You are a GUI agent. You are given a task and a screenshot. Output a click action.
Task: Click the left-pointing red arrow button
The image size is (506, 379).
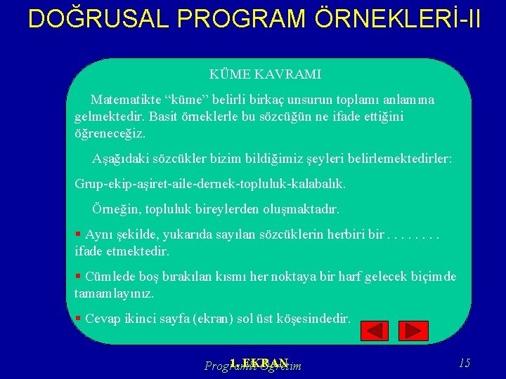coord(374,331)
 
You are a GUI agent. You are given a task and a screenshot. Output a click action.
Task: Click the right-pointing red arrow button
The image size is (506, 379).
coord(413,331)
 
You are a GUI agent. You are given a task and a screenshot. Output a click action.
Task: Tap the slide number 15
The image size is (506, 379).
coord(464,363)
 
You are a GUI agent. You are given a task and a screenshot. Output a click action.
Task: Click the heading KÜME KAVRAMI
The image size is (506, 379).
coord(265,74)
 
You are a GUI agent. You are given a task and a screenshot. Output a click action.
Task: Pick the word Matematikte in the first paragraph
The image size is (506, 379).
coord(128,100)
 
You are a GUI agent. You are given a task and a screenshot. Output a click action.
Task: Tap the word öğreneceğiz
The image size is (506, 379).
coord(110,133)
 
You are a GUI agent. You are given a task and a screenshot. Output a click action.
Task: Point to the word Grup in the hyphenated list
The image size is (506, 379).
coord(89,184)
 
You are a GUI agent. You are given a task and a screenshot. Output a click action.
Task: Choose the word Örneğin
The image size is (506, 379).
coord(116,209)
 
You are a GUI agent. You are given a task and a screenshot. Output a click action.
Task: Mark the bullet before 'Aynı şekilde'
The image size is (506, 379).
coord(78,234)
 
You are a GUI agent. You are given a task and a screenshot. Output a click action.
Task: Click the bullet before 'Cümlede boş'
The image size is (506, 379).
coord(78,276)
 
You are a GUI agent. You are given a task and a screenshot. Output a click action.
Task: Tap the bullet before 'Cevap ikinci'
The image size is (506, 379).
coord(78,318)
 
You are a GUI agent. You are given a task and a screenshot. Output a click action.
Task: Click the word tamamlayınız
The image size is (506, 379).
coord(114,293)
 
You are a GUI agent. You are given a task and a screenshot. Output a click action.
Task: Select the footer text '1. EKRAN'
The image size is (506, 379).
coord(259,363)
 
